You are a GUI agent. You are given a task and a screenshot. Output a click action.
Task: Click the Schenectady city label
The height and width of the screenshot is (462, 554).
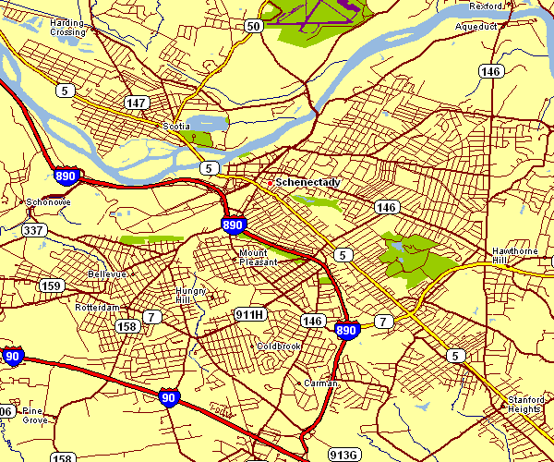[x=307, y=182]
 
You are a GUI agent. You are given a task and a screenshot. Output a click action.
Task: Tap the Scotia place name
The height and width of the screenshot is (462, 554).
[x=175, y=126]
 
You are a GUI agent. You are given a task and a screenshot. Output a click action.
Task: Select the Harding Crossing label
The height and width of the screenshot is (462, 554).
[x=67, y=27]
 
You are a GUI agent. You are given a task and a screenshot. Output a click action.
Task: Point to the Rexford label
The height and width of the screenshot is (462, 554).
[x=485, y=6]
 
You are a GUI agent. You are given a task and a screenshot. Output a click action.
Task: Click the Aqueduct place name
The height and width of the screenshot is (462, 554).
[x=476, y=27]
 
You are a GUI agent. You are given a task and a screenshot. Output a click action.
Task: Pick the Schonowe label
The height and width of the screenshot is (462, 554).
[x=42, y=201]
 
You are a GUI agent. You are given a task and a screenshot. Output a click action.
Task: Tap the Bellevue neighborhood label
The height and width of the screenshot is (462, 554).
[x=106, y=274]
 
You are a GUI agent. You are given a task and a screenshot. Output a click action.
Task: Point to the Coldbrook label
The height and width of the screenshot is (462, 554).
[x=279, y=346]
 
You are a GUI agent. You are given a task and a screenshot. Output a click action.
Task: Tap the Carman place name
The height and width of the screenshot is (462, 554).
[x=320, y=383]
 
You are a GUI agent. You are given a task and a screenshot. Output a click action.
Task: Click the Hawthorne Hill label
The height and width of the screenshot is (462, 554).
[x=513, y=256]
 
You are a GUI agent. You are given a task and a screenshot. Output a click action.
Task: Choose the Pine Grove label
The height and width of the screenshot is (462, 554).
[x=34, y=415]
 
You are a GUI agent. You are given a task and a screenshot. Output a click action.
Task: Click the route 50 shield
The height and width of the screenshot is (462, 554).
[x=254, y=27]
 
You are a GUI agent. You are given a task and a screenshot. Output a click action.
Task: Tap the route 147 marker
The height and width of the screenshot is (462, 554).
[x=137, y=103]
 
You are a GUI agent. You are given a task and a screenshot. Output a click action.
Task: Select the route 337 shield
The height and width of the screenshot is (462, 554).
[x=34, y=230]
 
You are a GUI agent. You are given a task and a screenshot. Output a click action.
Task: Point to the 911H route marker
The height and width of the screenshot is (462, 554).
[x=250, y=315]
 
